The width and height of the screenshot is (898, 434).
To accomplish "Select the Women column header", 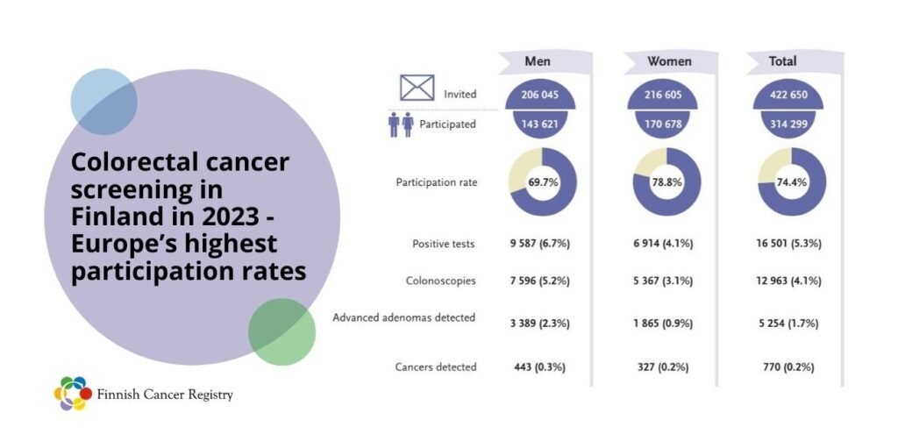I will point(668,62).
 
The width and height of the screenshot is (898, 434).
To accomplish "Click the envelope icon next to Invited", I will point(418,89).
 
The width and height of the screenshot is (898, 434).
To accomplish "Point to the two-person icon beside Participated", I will point(401,125).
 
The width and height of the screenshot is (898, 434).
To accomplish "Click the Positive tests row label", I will point(444,243).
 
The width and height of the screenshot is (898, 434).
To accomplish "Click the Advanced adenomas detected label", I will point(404,317).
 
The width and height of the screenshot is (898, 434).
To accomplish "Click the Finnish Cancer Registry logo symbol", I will point(72,394).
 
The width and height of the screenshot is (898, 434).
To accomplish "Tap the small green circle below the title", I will point(282,331).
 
